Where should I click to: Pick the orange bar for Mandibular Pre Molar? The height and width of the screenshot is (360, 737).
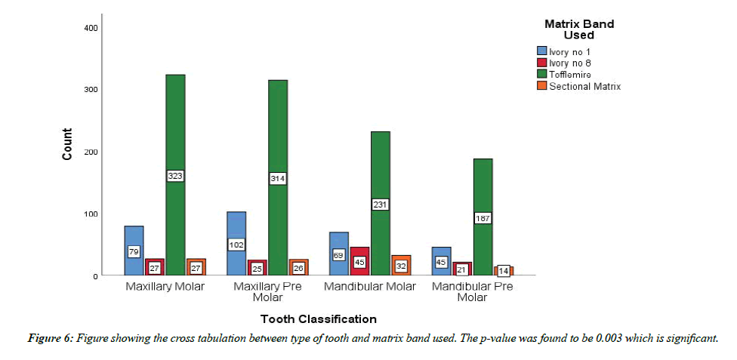[x=504, y=270]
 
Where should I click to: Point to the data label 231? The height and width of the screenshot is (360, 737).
[x=380, y=205]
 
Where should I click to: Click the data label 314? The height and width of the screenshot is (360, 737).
[x=277, y=179]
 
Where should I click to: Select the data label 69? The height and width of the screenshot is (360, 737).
[x=339, y=255]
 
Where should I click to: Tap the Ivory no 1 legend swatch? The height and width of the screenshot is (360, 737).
[x=540, y=51]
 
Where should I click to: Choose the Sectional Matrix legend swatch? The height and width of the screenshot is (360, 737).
[x=540, y=86]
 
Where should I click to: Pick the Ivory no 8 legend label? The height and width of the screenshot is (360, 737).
[x=571, y=63]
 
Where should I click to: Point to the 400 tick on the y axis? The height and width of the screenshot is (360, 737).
[x=90, y=28]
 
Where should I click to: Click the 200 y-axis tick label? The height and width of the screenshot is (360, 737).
[x=90, y=152]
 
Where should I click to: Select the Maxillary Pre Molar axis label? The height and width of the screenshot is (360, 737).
[x=267, y=287]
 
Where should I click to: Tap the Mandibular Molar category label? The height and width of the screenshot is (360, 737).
[x=370, y=287]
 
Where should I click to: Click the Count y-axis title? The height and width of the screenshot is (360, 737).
[x=67, y=144]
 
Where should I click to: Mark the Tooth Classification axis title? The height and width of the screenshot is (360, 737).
[x=318, y=318]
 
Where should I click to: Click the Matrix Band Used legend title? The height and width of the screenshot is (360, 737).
[x=579, y=29]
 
